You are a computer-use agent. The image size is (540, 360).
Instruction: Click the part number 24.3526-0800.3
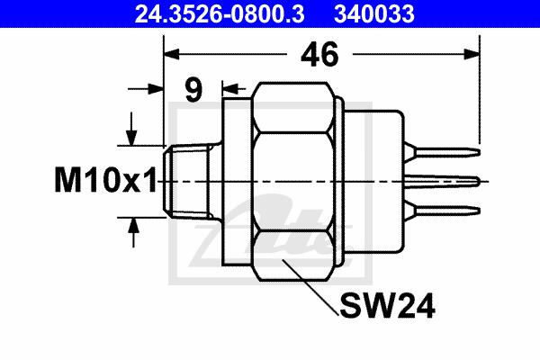220,13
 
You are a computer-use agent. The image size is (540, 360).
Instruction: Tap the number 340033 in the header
374,13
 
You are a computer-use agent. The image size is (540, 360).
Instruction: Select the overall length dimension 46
319,54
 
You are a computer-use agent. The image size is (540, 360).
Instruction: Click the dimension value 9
193,89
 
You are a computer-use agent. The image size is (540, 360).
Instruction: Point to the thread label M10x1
105,180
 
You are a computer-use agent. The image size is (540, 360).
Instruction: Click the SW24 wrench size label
387,306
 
